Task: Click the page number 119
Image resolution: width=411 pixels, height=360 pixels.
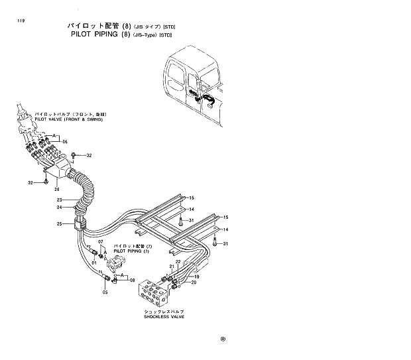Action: pos(11,22)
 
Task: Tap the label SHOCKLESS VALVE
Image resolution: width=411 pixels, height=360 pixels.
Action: pos(164,317)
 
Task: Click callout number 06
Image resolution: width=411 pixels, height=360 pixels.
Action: pos(64,141)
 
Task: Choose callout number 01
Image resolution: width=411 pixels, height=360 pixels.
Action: pos(103,263)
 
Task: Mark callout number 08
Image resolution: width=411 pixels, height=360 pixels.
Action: pos(133,280)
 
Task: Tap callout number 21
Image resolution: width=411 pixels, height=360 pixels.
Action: pos(170,267)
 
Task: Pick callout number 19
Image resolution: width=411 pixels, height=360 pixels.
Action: pos(187,276)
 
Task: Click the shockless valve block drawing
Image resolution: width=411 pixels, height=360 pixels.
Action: pos(154,291)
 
